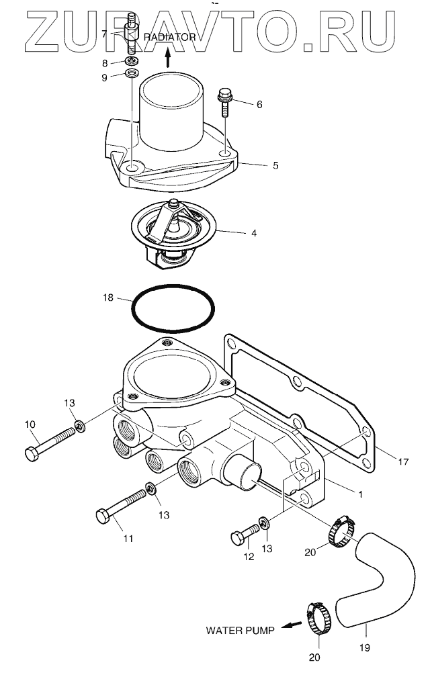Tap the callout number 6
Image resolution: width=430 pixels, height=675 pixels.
[x=259, y=105]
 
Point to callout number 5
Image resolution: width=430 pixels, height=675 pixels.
[x=275, y=165]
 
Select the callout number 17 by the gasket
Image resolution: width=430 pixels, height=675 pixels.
[x=403, y=462]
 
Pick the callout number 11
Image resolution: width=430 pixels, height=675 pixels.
[x=128, y=539]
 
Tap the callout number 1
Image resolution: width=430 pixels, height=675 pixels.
[x=360, y=494]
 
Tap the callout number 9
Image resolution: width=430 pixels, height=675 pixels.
[x=104, y=77]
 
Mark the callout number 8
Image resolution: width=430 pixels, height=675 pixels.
[x=104, y=63]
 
